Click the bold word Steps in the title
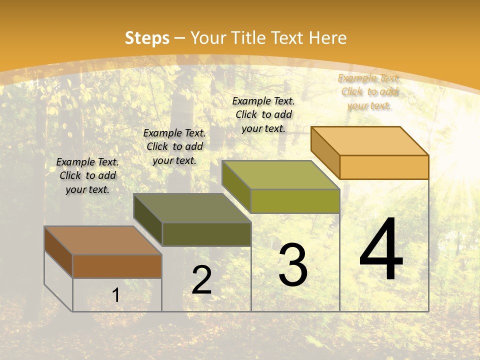(147, 38)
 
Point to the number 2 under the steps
(201, 280)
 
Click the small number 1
(116, 295)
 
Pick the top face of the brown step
(103, 240)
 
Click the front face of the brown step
(117, 266)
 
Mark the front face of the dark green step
(206, 234)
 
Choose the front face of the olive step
(295, 201)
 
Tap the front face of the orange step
(384, 167)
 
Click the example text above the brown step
(87, 175)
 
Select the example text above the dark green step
(174, 146)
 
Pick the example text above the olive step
(263, 114)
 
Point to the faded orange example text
(369, 91)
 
